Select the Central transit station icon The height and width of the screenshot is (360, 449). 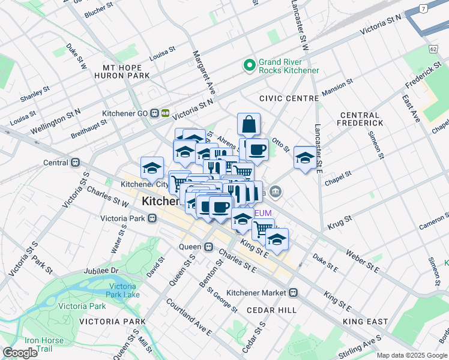76,163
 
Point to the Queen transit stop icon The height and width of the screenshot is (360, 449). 208,247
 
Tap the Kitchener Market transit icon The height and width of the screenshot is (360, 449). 293,293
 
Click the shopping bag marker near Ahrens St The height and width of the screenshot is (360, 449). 249,125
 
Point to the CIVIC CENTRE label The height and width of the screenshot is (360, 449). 289,98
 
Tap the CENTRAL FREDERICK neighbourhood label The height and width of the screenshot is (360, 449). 360,119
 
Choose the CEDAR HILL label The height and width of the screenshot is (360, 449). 271,310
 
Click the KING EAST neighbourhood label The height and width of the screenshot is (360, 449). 366,322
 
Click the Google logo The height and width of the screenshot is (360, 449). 20,353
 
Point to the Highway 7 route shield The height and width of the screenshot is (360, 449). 424,8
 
